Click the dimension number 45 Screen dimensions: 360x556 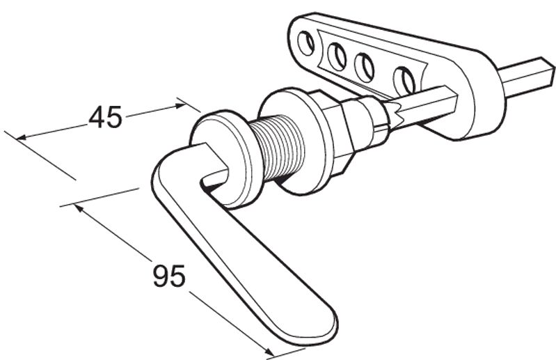tap(105, 116)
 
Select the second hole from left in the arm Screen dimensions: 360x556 tap(337, 56)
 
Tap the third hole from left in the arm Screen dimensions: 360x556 tap(365, 67)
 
